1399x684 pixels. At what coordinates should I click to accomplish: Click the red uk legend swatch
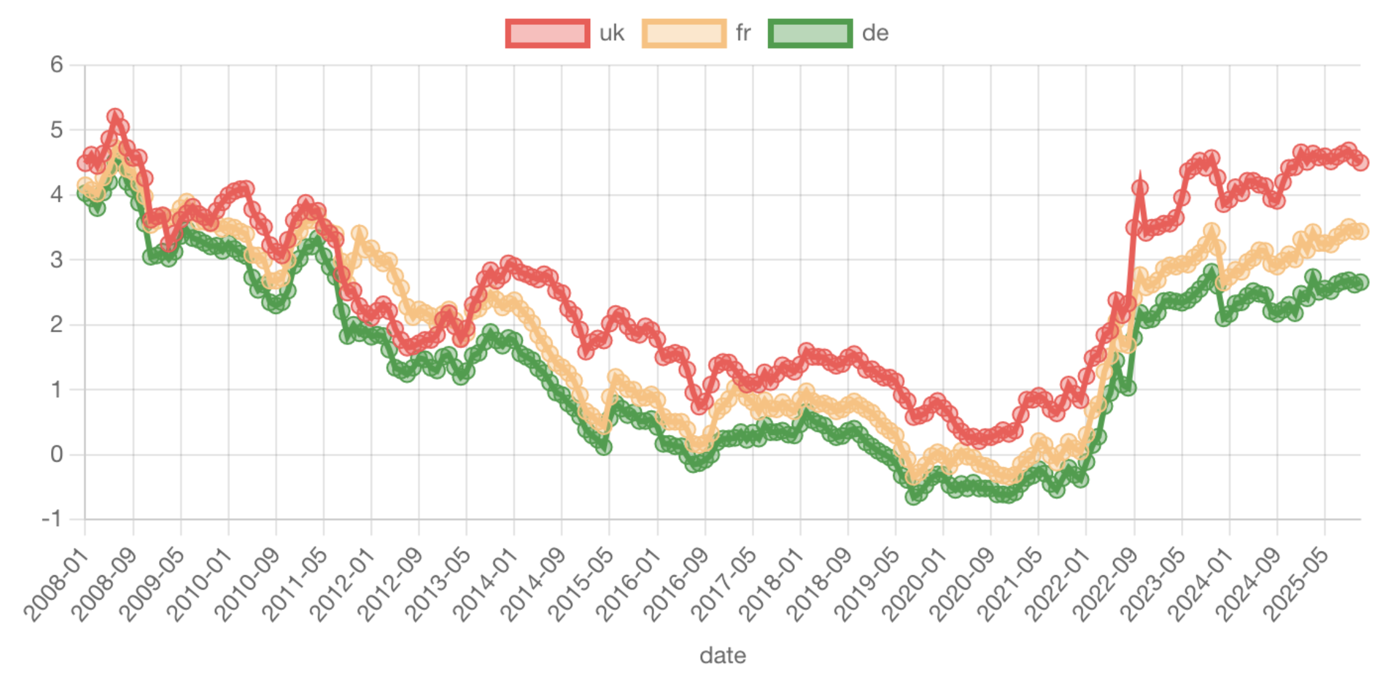pyautogui.click(x=547, y=33)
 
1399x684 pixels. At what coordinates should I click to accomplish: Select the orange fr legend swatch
pyautogui.click(x=684, y=33)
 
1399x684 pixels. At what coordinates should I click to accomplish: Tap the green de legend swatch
pyautogui.click(x=810, y=33)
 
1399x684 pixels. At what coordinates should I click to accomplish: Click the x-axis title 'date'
pyautogui.click(x=723, y=656)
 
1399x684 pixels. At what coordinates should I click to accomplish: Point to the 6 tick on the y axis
pyautogui.click(x=56, y=64)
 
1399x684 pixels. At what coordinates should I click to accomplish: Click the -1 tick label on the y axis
pyautogui.click(x=52, y=519)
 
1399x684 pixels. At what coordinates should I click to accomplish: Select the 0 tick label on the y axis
pyautogui.click(x=56, y=454)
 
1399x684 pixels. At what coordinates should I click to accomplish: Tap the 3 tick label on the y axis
pyautogui.click(x=56, y=260)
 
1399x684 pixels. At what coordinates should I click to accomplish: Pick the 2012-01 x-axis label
pyautogui.click(x=343, y=586)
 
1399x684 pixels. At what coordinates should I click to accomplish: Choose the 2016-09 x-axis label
pyautogui.click(x=677, y=586)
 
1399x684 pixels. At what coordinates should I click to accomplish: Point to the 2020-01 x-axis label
pyautogui.click(x=915, y=586)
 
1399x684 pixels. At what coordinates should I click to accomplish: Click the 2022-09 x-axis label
pyautogui.click(x=1106, y=586)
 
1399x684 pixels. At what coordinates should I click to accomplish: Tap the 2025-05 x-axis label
pyautogui.click(x=1297, y=586)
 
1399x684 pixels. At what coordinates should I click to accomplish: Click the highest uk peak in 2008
pyautogui.click(x=115, y=117)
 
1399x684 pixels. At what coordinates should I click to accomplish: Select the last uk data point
pyautogui.click(x=1361, y=162)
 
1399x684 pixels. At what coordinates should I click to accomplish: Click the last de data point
pyautogui.click(x=1361, y=282)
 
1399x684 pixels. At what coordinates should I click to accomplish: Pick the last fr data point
pyautogui.click(x=1361, y=231)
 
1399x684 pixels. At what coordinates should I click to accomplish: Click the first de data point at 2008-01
pyautogui.click(x=85, y=193)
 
